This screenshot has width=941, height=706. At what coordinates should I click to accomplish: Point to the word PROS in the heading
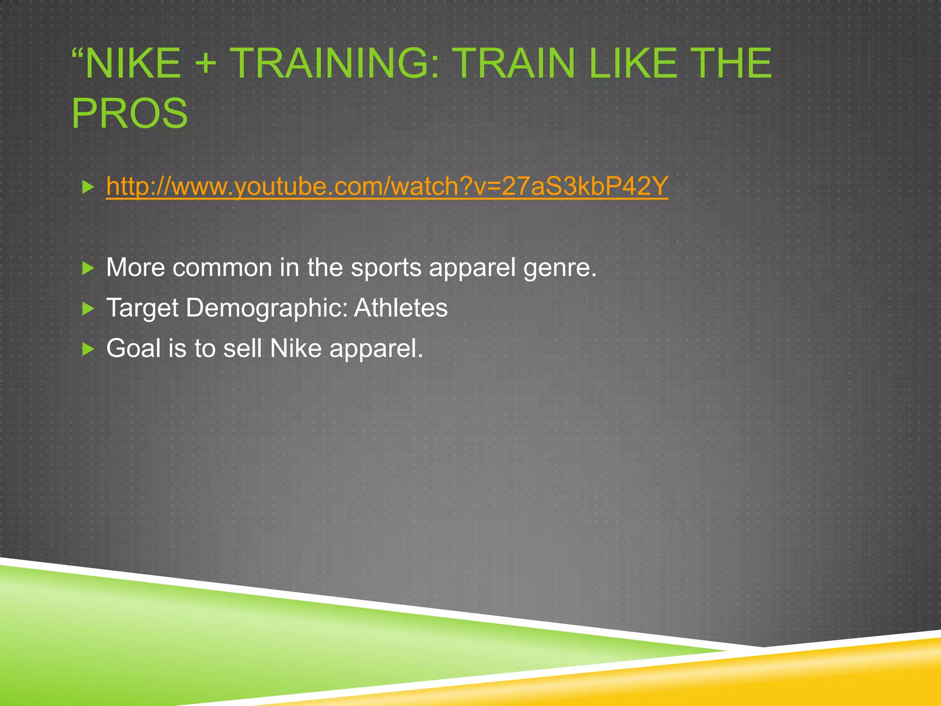(x=130, y=114)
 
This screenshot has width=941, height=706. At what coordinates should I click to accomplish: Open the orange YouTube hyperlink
(x=387, y=186)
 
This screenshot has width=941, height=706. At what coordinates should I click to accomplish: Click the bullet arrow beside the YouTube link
(x=88, y=187)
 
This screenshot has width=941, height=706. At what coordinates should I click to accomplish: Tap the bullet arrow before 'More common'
(x=88, y=268)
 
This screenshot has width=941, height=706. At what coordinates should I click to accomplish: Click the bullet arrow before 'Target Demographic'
(x=88, y=308)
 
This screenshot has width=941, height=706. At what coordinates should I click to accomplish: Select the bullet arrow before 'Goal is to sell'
(x=88, y=349)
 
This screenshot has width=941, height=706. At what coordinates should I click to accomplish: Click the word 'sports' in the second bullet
(x=386, y=268)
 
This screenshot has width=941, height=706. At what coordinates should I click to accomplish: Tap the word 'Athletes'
(x=401, y=308)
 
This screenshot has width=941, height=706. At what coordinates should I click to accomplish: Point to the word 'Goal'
(x=133, y=348)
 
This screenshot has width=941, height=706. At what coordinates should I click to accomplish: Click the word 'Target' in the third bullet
(x=142, y=308)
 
